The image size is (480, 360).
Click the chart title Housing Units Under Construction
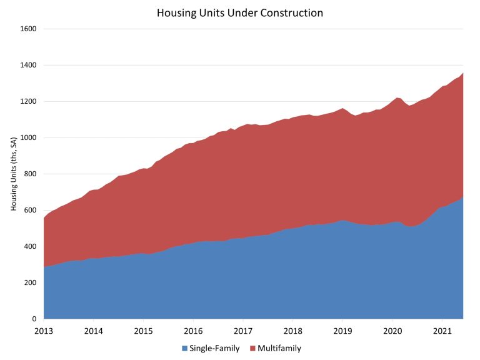click(240, 13)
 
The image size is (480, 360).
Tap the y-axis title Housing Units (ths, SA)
click(14, 174)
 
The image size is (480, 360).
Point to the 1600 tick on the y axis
click(28, 29)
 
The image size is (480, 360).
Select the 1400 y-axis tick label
click(28, 65)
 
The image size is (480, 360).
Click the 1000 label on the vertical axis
click(28, 137)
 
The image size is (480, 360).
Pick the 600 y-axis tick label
click(30, 210)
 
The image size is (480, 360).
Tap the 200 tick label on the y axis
click(30, 282)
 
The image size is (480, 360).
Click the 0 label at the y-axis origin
click(34, 319)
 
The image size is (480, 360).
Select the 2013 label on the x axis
click(44, 331)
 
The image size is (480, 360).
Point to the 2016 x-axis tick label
click(193, 331)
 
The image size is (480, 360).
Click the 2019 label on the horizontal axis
click(342, 331)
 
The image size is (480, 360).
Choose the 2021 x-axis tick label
click(442, 331)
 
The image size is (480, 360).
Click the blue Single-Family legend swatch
click(184, 348)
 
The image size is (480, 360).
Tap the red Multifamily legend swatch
click(252, 348)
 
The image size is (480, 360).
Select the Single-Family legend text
click(214, 348)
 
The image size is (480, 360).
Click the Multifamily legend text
click(279, 348)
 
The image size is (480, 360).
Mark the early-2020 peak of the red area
click(397, 97)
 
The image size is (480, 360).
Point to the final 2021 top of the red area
click(463, 73)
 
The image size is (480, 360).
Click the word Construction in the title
click(291, 13)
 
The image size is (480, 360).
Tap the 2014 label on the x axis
click(94, 331)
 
